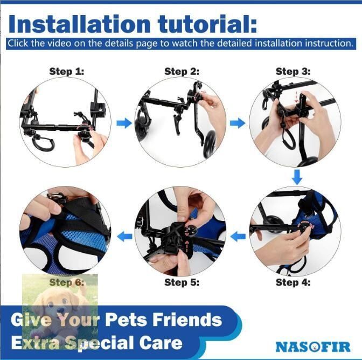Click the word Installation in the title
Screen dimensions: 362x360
point(79,24)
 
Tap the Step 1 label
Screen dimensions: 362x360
point(67,71)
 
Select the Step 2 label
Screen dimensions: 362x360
point(182,71)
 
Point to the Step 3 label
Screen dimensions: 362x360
point(293,71)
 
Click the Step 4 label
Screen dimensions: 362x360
point(293,282)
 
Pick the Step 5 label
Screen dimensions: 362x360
point(182,282)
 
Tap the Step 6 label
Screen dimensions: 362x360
point(67,282)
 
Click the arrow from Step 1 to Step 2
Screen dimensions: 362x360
point(124,123)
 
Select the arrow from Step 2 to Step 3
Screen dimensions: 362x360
point(238,123)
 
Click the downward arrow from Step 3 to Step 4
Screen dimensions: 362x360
point(297,177)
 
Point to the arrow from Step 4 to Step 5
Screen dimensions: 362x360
point(238,237)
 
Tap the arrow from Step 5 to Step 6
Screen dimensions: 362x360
point(124,237)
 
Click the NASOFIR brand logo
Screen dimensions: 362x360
point(313,347)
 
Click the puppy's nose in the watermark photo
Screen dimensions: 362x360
point(61,311)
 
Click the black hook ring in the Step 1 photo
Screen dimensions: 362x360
point(43,143)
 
